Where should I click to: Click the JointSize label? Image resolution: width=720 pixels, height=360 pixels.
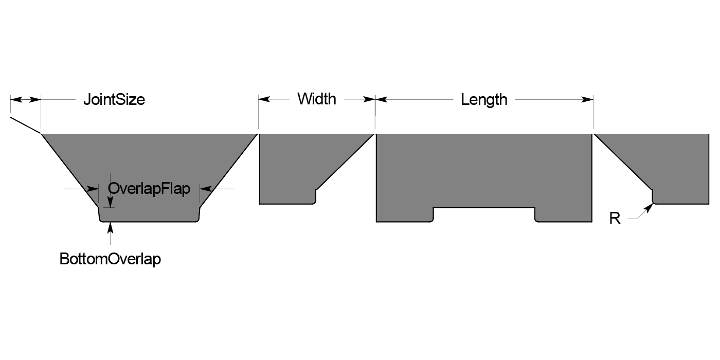click(114, 99)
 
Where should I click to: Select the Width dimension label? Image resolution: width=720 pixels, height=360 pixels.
click(316, 99)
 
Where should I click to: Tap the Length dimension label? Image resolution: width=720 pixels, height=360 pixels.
click(484, 99)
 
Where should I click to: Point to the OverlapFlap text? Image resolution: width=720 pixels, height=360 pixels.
click(149, 189)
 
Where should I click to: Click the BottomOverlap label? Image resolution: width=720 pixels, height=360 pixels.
click(110, 259)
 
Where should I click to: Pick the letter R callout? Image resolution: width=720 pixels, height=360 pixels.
click(615, 219)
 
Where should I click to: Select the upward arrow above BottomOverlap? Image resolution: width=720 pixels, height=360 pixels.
click(110, 229)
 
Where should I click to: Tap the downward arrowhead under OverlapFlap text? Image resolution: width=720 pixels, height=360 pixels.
click(110, 202)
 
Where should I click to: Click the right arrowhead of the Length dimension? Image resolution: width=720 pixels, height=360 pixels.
click(588, 99)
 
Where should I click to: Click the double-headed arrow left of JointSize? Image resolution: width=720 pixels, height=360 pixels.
click(25, 99)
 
